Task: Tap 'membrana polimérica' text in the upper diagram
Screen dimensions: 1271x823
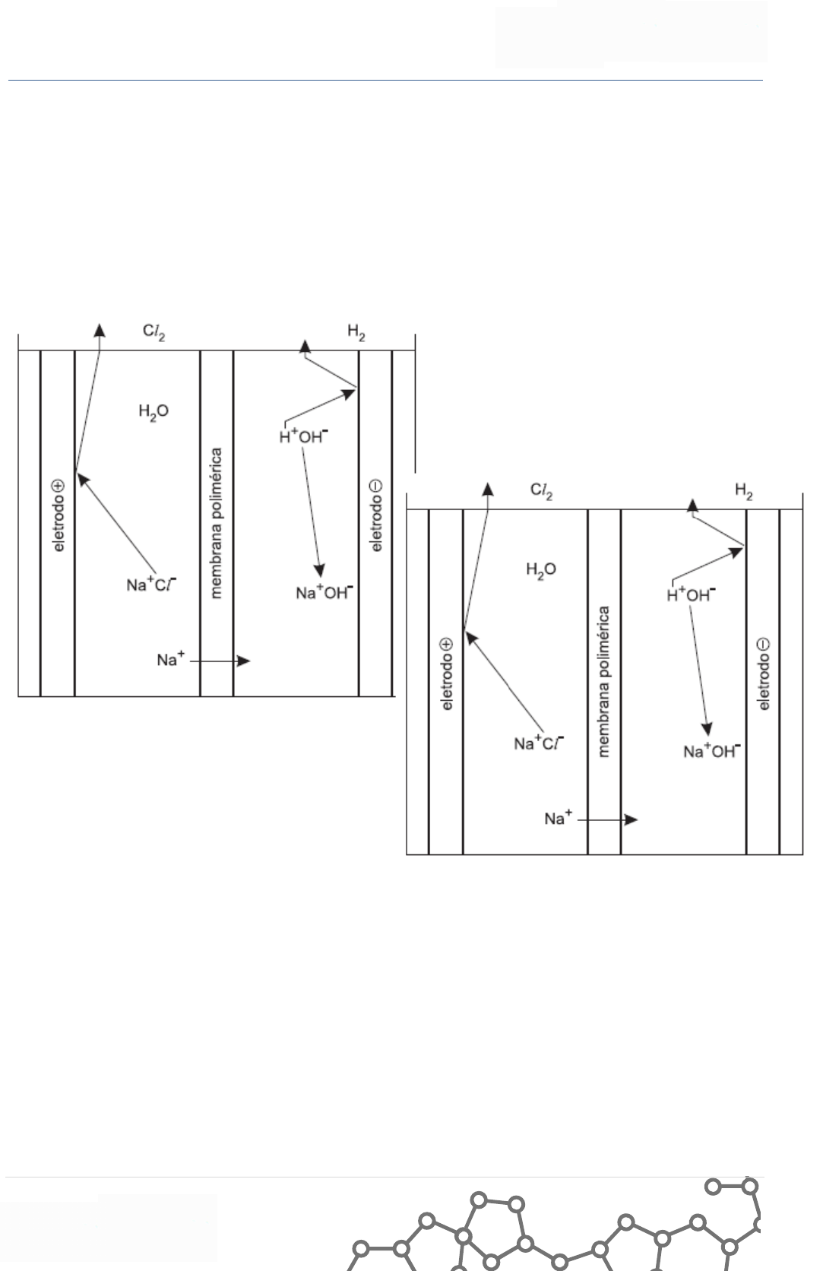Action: click(217, 523)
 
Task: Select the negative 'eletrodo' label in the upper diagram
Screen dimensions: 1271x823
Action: click(375, 515)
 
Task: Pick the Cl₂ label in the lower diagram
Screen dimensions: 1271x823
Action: click(541, 491)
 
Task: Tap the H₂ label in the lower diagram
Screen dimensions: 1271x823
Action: click(744, 491)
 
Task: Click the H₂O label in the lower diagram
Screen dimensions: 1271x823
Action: click(541, 569)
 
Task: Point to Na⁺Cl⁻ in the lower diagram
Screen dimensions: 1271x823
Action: click(539, 743)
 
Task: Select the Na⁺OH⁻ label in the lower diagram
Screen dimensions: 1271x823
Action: click(712, 752)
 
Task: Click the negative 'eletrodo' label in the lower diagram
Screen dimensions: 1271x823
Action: click(764, 674)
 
